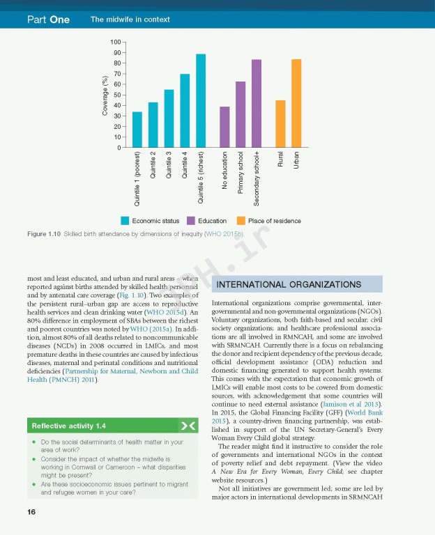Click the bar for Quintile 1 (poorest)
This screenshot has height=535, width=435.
click(x=137, y=130)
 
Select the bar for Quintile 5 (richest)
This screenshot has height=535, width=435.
click(x=201, y=101)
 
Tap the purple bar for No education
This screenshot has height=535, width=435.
click(x=224, y=127)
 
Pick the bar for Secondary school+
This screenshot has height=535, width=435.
click(x=257, y=104)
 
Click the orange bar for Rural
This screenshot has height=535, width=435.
click(x=280, y=124)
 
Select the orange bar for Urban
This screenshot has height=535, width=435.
click(x=296, y=104)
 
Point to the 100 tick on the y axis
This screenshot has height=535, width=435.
click(x=115, y=43)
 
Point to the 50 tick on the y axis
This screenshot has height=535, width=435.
click(x=116, y=95)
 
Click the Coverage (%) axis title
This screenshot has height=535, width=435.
click(x=105, y=95)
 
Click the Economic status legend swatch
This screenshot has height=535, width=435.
click(x=125, y=221)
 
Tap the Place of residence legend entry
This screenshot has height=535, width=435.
click(x=269, y=221)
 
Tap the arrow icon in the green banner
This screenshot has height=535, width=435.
click(x=188, y=425)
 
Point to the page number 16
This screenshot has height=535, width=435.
click(x=31, y=512)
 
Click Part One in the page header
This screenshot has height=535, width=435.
click(x=48, y=20)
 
